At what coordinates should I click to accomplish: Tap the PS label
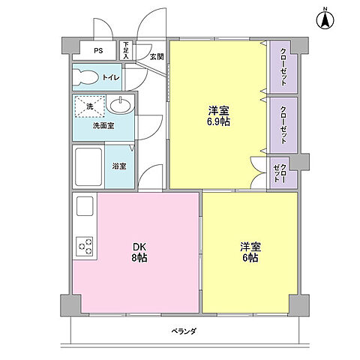[98, 51]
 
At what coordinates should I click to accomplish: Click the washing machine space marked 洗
[89, 107]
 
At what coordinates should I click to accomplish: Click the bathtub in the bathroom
[91, 166]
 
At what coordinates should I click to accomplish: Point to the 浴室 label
[119, 166]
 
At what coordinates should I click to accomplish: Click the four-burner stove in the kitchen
[84, 246]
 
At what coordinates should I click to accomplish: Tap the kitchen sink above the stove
[84, 206]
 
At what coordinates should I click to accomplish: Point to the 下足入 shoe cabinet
[126, 50]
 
